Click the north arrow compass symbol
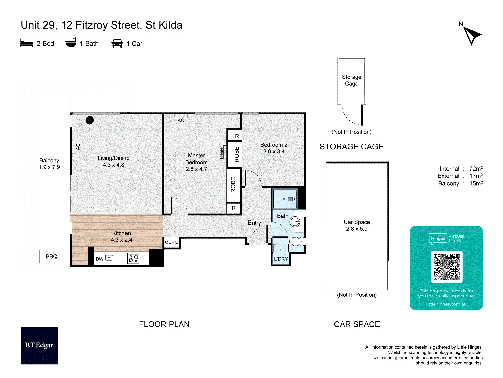coord(471,36)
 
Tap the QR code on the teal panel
coord(446,267)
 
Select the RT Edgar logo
coord(39,345)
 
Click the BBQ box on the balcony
coord(52,257)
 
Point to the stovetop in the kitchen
coord(133,258)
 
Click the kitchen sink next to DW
coord(109,258)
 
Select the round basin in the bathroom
coord(295,222)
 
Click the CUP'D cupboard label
coord(172,242)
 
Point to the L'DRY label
coord(281,259)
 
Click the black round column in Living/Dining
coord(90,120)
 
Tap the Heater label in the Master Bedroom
coord(221,152)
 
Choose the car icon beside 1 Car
coord(117,43)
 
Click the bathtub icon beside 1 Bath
coord(71,43)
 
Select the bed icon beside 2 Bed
coord(27,43)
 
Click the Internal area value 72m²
coord(476,169)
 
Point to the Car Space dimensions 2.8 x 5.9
coord(357,229)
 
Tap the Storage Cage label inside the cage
coord(352,80)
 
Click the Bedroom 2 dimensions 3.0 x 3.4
coord(274,152)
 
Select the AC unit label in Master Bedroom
coord(181,120)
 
